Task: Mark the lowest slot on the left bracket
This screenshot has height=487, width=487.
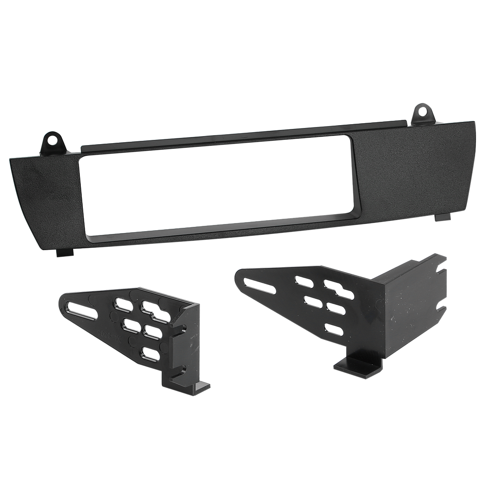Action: (151, 353)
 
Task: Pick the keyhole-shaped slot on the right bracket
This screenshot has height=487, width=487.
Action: (339, 289)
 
